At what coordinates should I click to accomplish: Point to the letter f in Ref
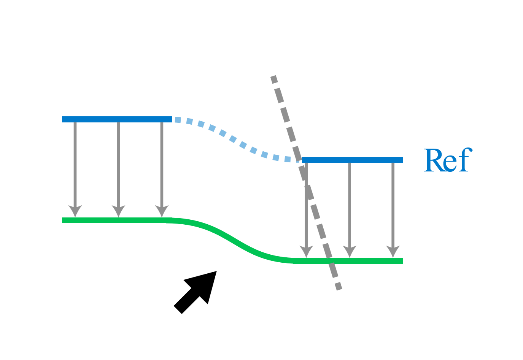click(463, 160)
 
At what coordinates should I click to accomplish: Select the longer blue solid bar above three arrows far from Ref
click(117, 119)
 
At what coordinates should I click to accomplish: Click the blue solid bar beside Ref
click(352, 160)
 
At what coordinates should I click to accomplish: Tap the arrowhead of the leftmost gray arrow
click(75, 211)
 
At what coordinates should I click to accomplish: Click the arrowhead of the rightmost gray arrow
click(393, 252)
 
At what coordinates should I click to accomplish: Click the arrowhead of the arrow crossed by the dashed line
click(306, 252)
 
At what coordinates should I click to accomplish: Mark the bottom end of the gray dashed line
click(339, 288)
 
